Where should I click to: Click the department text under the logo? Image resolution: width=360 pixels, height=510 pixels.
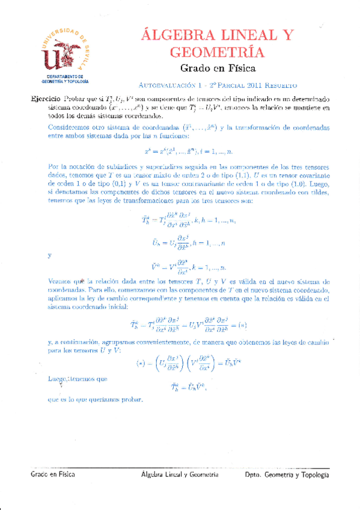(x=64, y=79)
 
